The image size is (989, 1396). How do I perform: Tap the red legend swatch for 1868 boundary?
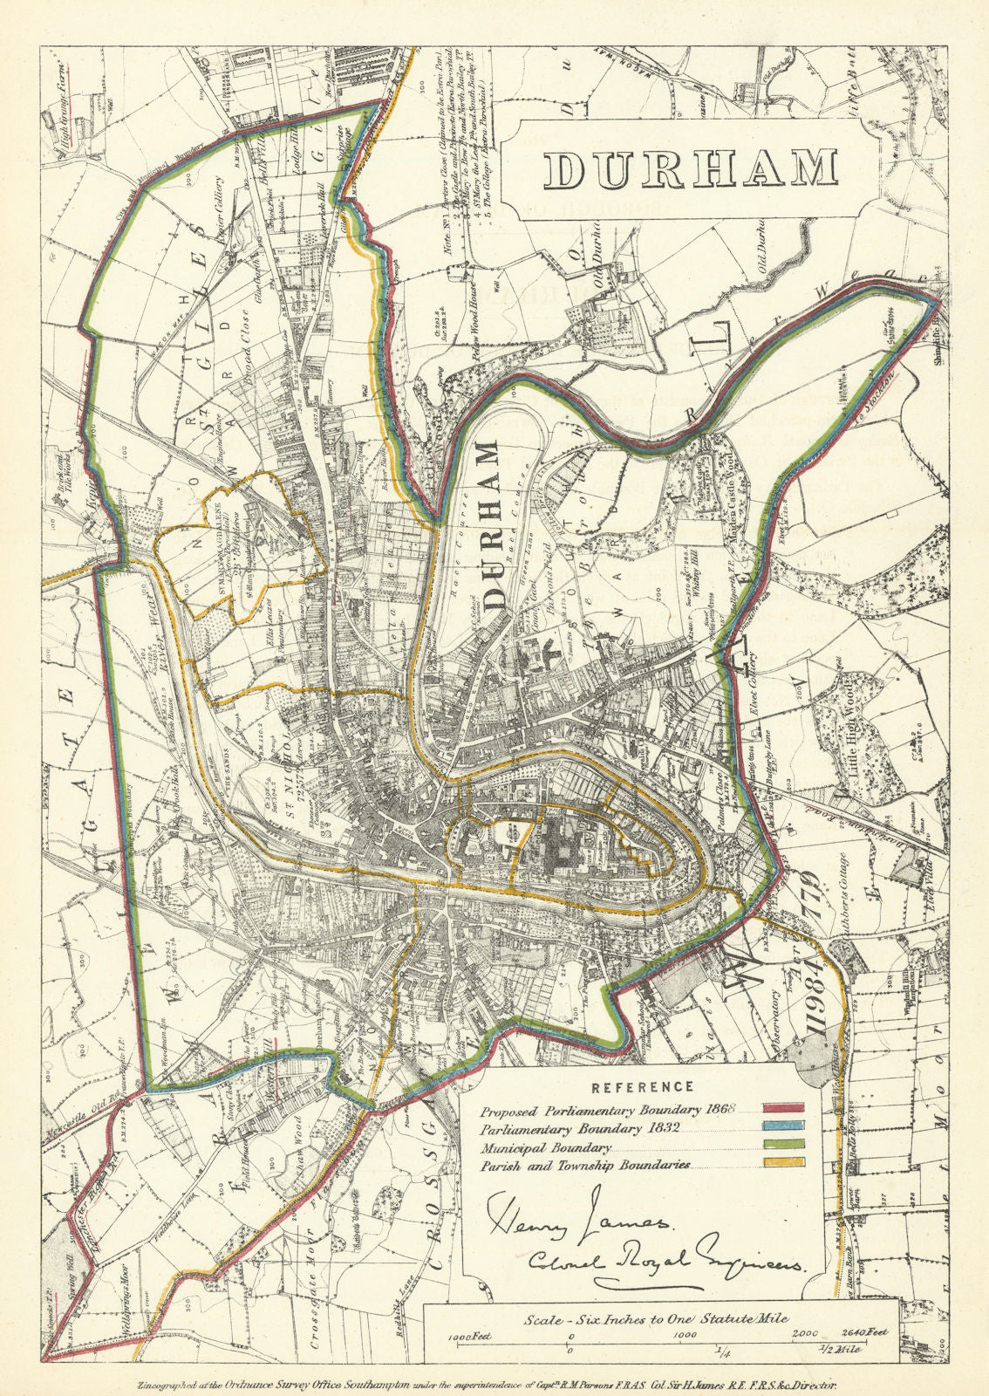pos(783,1109)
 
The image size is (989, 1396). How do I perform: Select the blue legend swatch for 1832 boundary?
pos(783,1127)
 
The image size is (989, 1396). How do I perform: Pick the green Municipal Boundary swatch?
pos(783,1146)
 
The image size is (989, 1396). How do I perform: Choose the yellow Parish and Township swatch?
pos(783,1164)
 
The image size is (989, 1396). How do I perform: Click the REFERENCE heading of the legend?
pos(643,1087)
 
